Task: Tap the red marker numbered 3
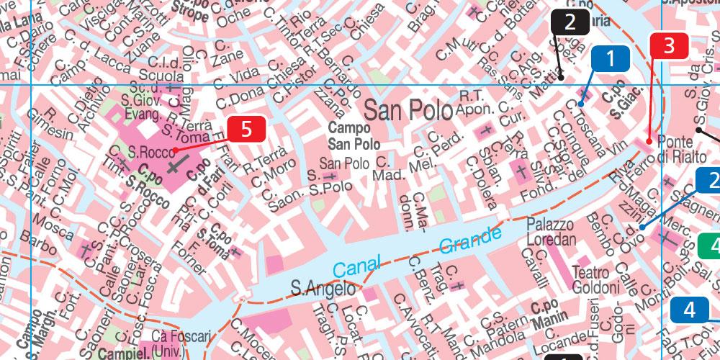click(670, 46)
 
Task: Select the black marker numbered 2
click(570, 22)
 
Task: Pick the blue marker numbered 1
click(611, 59)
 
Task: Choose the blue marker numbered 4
click(690, 310)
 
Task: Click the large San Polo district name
click(408, 110)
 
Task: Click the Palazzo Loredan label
click(552, 231)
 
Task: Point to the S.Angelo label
click(323, 289)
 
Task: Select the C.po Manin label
click(549, 310)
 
